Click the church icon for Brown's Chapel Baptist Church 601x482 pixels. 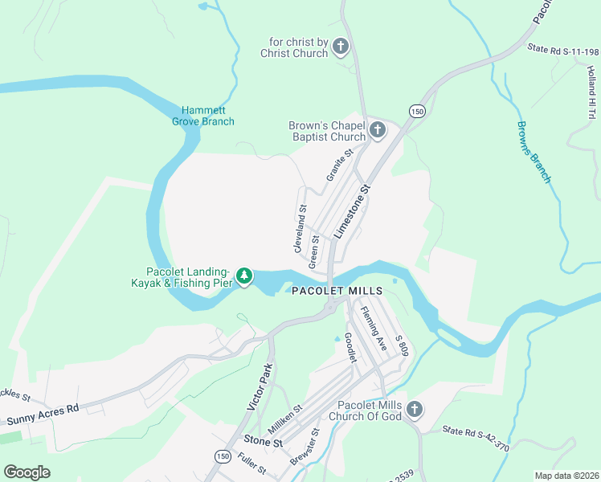pyautogui.click(x=378, y=130)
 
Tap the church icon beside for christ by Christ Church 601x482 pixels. pyautogui.click(x=340, y=47)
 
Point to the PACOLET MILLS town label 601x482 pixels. pyautogui.click(x=337, y=291)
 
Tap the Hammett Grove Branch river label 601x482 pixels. pyautogui.click(x=207, y=116)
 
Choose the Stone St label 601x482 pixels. pyautogui.click(x=263, y=442)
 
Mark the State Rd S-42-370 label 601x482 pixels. pyautogui.click(x=476, y=437)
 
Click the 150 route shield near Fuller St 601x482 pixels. pyautogui.click(x=221, y=455)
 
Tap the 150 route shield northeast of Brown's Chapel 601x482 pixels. pyautogui.click(x=415, y=110)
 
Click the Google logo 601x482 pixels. pyautogui.click(x=27, y=472)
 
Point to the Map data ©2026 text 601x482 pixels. pyautogui.click(x=566, y=475)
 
